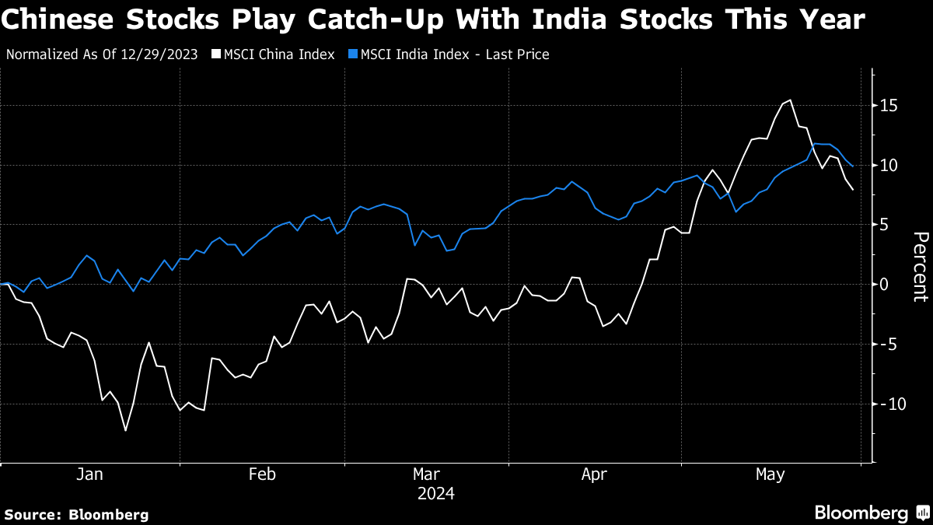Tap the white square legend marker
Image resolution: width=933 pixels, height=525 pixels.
coord(217,54)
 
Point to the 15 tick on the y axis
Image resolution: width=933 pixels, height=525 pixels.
coord(889,105)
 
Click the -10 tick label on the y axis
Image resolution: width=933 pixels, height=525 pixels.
coord(886,404)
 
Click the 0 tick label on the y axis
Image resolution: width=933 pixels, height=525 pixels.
coord(885,284)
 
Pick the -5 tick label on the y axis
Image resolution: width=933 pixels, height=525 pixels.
coord(886,344)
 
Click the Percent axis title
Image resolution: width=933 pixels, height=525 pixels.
coord(920,266)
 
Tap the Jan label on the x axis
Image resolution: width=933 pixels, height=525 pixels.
coord(89,474)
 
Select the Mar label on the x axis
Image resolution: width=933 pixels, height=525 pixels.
coord(426,474)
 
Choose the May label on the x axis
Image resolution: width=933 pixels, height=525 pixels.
coord(771,474)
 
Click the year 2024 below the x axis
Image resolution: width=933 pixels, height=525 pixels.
coord(436,494)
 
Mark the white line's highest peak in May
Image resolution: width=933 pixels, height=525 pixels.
coord(791,100)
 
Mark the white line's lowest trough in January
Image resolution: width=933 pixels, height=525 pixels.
coord(125,430)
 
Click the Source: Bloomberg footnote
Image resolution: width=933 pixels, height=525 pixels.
coord(76,514)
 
